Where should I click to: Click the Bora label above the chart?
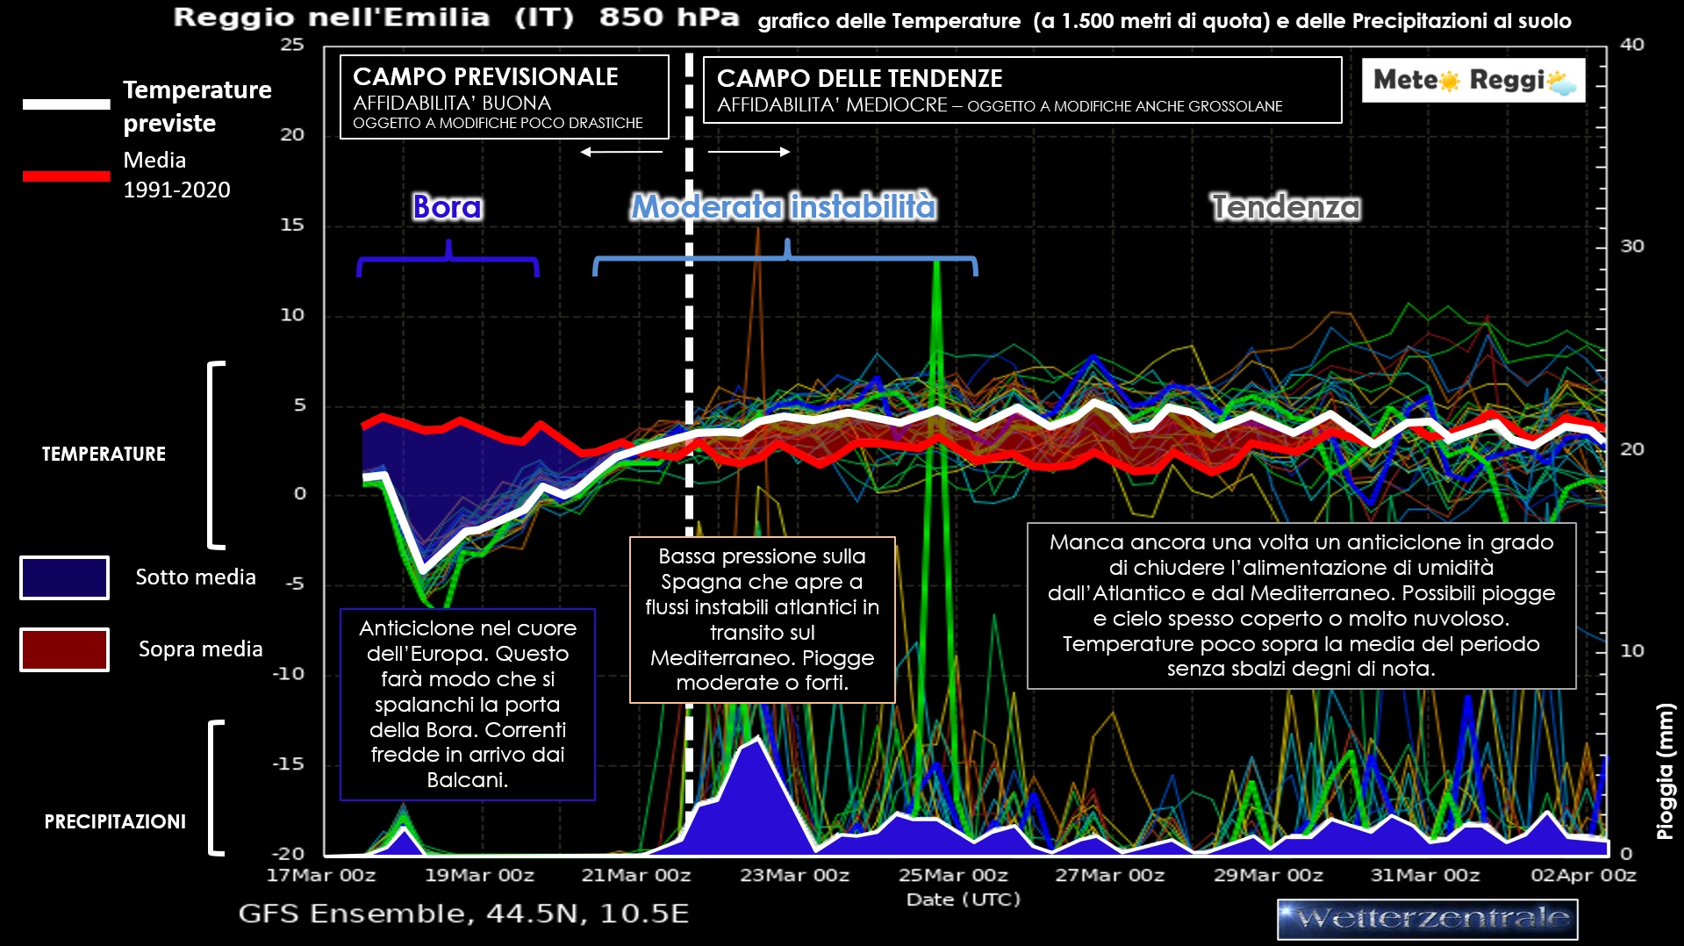click(448, 207)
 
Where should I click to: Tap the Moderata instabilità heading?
click(784, 207)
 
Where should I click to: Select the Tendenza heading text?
click(1286, 207)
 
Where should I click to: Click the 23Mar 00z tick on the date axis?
click(794, 875)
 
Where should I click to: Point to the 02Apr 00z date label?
click(1583, 875)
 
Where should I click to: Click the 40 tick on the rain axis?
click(1631, 45)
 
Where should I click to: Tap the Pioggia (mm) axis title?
click(1665, 771)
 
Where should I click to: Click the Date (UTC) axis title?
click(963, 899)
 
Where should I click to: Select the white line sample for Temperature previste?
click(66, 104)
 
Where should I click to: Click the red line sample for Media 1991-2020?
click(66, 176)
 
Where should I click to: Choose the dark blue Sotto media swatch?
click(64, 577)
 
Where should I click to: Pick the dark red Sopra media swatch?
click(64, 649)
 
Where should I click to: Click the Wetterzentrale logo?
click(1427, 919)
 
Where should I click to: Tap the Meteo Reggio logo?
click(1473, 81)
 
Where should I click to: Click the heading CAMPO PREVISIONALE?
click(485, 77)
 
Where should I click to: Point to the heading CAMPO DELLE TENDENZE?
click(859, 79)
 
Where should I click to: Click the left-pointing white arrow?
click(621, 152)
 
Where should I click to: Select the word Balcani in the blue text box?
click(467, 780)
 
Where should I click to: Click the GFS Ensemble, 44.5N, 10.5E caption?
click(463, 914)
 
